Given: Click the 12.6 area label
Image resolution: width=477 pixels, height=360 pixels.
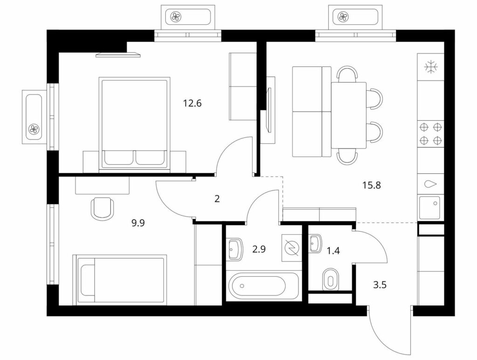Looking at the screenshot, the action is click(x=192, y=103).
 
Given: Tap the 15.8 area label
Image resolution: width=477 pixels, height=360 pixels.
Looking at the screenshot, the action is click(x=372, y=185).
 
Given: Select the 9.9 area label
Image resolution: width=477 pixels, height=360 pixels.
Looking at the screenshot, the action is click(x=138, y=223).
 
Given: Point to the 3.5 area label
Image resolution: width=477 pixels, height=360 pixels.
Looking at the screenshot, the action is click(x=380, y=285).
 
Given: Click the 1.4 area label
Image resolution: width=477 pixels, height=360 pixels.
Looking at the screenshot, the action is click(x=333, y=251).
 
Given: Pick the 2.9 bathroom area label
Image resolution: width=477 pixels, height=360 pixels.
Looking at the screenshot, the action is click(x=259, y=249).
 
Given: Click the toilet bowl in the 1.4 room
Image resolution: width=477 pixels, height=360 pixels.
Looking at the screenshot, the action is click(x=330, y=279).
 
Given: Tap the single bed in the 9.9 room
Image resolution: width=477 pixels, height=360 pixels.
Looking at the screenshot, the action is click(x=120, y=279).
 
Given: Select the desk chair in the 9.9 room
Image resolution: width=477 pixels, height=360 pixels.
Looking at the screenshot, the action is click(x=102, y=208).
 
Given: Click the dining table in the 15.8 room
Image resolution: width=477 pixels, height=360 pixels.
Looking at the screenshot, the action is click(x=348, y=115).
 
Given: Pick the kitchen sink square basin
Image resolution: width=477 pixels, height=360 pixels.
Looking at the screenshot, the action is click(x=430, y=208).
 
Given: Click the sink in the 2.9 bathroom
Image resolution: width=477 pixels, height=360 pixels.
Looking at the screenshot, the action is click(x=235, y=249).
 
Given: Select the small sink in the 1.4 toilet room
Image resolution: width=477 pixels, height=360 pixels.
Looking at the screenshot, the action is click(x=315, y=243).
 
